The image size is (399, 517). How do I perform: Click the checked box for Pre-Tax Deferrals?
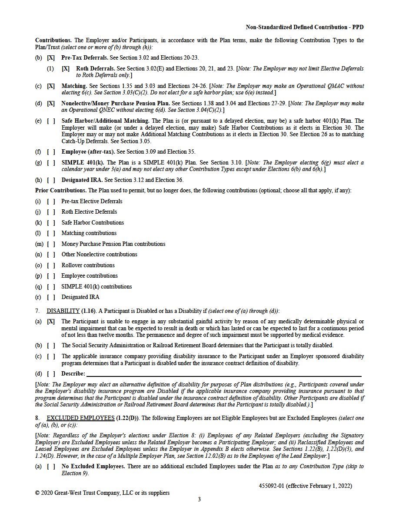click(x=51, y=57)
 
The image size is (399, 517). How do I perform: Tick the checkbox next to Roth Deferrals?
click(x=66, y=68)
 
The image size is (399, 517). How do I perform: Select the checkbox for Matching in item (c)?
click(x=51, y=86)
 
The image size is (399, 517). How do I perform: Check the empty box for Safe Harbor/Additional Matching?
click(x=51, y=121)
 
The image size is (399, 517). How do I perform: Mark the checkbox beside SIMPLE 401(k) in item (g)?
click(x=51, y=163)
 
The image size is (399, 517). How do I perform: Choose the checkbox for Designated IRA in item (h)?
click(x=51, y=180)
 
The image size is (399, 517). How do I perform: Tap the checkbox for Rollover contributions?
click(x=51, y=265)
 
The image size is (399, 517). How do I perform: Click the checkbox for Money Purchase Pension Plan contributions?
click(x=51, y=244)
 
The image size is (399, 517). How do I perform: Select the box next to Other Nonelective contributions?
click(x=51, y=255)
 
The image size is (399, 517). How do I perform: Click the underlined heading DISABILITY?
click(x=63, y=311)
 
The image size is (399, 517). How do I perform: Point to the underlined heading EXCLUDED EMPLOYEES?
click(x=80, y=418)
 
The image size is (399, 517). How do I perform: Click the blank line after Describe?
click(x=224, y=374)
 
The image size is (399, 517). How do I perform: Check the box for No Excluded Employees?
click(x=51, y=467)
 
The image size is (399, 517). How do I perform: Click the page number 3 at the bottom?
click(x=199, y=500)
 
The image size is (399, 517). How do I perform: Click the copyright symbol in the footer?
click(x=37, y=493)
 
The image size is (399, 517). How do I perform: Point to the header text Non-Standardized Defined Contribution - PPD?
click(x=305, y=27)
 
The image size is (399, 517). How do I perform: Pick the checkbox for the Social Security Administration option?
click(x=51, y=346)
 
